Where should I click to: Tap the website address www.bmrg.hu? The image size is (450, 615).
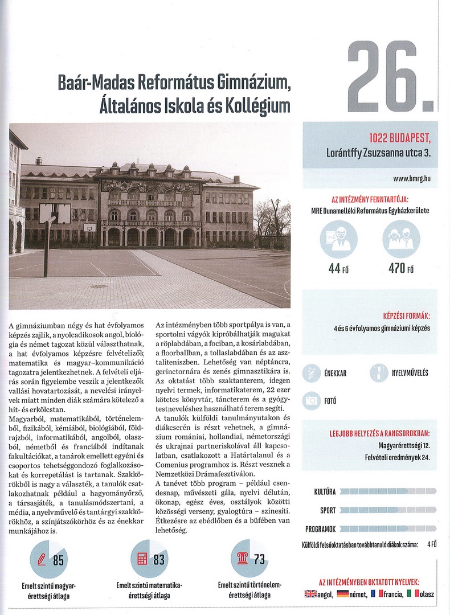(411, 179)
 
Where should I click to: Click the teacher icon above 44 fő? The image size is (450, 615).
(339, 239)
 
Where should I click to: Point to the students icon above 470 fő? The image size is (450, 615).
(401, 239)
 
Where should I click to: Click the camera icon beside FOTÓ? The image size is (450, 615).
(312, 400)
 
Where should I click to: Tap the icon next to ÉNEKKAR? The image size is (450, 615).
(312, 373)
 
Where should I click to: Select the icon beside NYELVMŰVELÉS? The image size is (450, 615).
(378, 373)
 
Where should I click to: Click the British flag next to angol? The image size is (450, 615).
(310, 594)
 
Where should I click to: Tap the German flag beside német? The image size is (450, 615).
(342, 594)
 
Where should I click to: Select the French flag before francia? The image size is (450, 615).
(376, 594)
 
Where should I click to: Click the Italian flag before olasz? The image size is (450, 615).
(411, 594)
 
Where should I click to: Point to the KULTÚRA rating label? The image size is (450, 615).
(324, 491)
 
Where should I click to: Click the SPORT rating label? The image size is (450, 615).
(328, 510)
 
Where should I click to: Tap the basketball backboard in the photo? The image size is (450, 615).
(55, 214)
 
